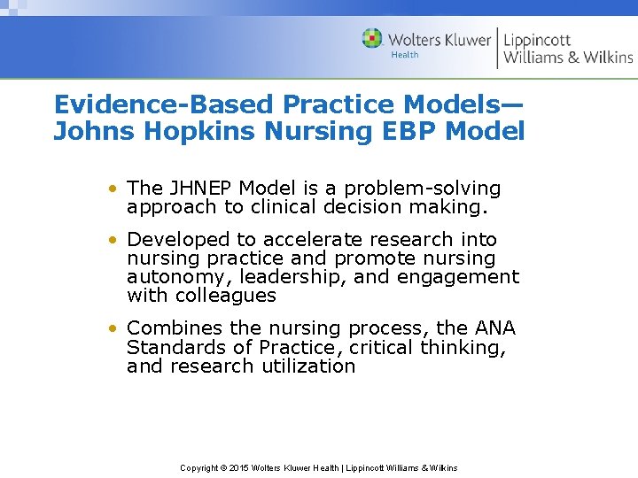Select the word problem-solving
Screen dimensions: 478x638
[x=423, y=189]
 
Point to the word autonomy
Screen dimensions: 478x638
[x=176, y=277]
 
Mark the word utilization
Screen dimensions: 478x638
[x=307, y=366]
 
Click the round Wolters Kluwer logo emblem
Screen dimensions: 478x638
[x=372, y=39]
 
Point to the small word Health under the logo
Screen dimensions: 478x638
[x=405, y=56]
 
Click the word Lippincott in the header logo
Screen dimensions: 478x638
[x=538, y=40]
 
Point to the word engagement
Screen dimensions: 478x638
[x=457, y=277]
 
